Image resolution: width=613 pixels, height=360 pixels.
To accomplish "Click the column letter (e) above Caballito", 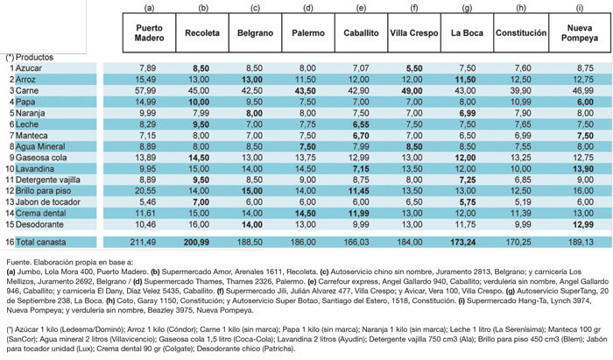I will coord(362,9).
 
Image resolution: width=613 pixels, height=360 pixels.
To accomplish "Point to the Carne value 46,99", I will coord(584,91).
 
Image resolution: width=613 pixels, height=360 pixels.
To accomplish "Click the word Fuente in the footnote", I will coord(18,261).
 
